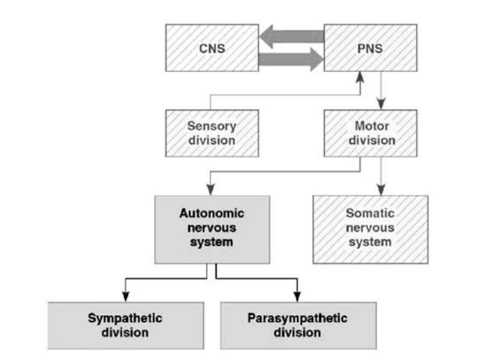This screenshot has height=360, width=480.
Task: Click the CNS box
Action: (212, 47)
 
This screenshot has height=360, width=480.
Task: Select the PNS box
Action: (370, 47)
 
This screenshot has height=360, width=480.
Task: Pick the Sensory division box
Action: (212, 134)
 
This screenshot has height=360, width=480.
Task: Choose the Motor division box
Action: (371, 134)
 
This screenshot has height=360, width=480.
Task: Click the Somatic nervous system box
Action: (371, 228)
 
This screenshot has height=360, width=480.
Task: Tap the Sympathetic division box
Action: (125, 325)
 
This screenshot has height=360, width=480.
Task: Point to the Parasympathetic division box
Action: (298, 325)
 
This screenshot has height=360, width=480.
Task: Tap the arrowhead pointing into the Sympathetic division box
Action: (125, 296)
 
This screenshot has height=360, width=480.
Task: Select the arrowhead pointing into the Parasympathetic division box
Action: (298, 296)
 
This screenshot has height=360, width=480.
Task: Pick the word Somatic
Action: (371, 214)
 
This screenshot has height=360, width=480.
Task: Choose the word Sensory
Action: (212, 127)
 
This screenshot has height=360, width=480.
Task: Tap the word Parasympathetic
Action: (298, 317)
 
